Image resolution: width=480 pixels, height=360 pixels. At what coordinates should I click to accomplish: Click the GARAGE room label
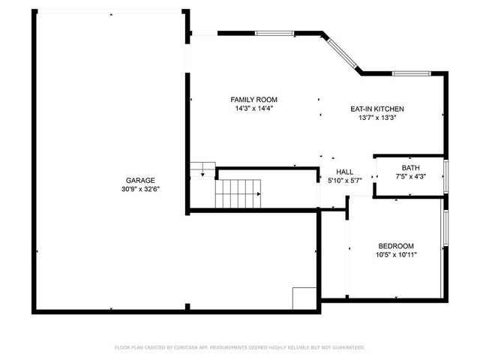click(140, 180)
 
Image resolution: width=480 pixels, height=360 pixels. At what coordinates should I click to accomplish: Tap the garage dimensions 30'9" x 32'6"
click(140, 189)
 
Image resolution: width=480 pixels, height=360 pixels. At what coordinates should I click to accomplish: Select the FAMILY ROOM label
click(253, 100)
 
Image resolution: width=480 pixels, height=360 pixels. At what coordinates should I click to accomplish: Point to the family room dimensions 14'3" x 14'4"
click(253, 109)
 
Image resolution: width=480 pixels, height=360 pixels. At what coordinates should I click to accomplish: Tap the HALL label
click(345, 172)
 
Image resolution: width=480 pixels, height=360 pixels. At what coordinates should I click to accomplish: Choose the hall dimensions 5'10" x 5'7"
click(345, 181)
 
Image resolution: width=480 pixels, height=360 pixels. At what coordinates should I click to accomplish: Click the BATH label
click(410, 168)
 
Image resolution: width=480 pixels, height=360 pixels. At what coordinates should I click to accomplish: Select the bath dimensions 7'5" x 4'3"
click(410, 177)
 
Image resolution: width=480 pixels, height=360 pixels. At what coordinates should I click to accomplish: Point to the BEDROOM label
click(396, 246)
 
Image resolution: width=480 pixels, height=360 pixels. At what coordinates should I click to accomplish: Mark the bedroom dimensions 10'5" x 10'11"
click(396, 255)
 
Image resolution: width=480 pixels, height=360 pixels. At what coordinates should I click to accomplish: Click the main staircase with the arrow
click(239, 193)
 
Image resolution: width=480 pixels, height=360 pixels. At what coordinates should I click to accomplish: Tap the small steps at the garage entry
click(202, 170)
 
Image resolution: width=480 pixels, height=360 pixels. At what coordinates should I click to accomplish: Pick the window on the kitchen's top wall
click(410, 73)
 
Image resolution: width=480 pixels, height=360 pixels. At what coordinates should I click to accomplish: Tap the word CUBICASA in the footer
click(185, 348)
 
